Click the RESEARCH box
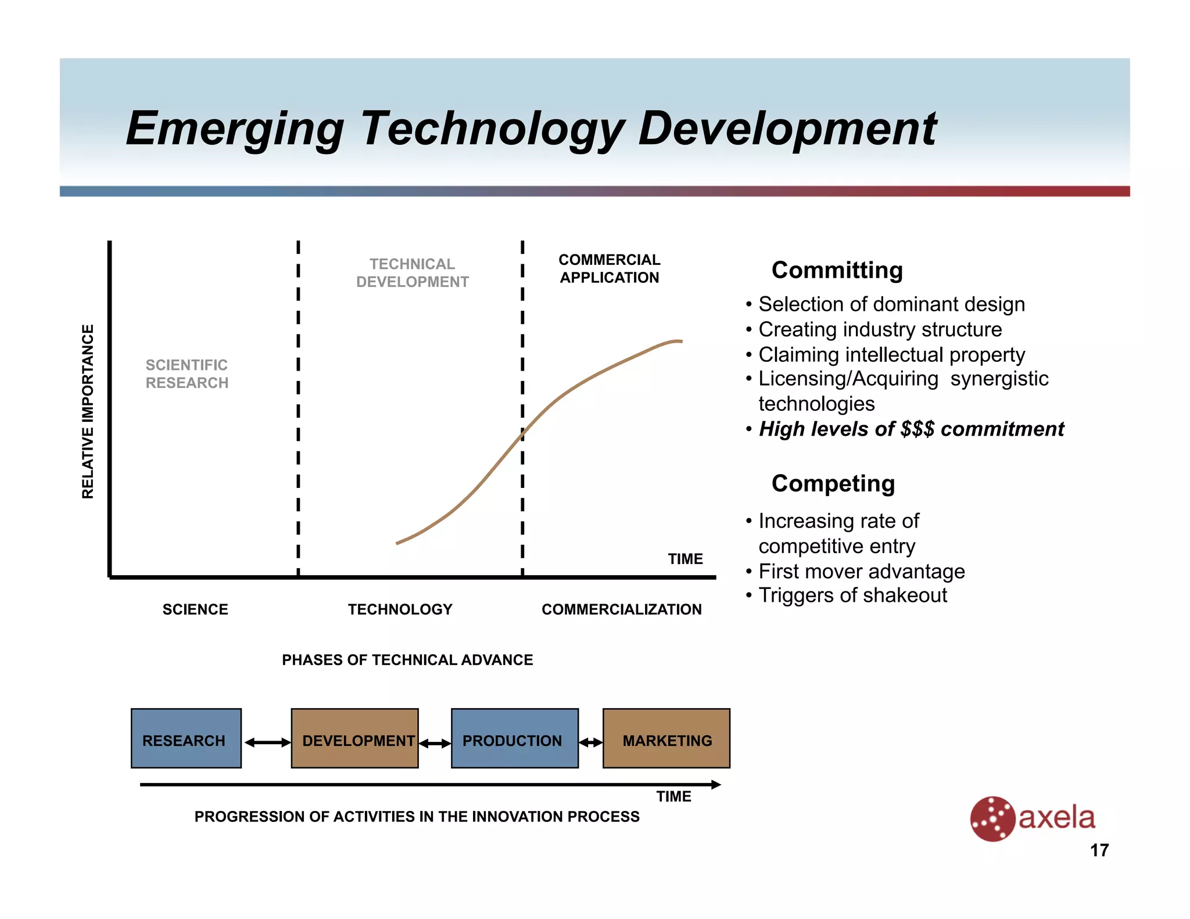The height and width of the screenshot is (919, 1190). point(186,738)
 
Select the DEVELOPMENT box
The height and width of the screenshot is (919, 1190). point(354,738)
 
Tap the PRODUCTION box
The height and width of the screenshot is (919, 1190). point(514,738)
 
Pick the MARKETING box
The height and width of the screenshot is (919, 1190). point(666,738)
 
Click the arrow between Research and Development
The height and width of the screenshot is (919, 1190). point(267,742)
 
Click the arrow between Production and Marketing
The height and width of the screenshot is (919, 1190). point(591,742)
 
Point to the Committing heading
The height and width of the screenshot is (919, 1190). point(837,270)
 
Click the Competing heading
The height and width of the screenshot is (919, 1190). point(833,483)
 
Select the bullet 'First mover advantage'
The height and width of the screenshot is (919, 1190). point(861,572)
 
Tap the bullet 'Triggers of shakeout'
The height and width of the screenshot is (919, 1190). point(852,595)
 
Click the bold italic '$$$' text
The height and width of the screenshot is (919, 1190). point(917,429)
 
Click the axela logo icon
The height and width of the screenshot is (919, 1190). point(992,819)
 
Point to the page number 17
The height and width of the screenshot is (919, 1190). point(1099,850)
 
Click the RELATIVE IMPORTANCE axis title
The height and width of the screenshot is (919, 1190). point(88,411)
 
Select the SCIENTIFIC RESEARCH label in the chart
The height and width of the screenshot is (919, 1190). point(187,374)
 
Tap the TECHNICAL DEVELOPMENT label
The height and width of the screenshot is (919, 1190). point(412,273)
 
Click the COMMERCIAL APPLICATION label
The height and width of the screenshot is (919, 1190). point(609,268)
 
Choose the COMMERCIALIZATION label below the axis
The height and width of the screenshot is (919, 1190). point(621,609)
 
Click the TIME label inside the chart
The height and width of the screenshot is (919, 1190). point(685,559)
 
